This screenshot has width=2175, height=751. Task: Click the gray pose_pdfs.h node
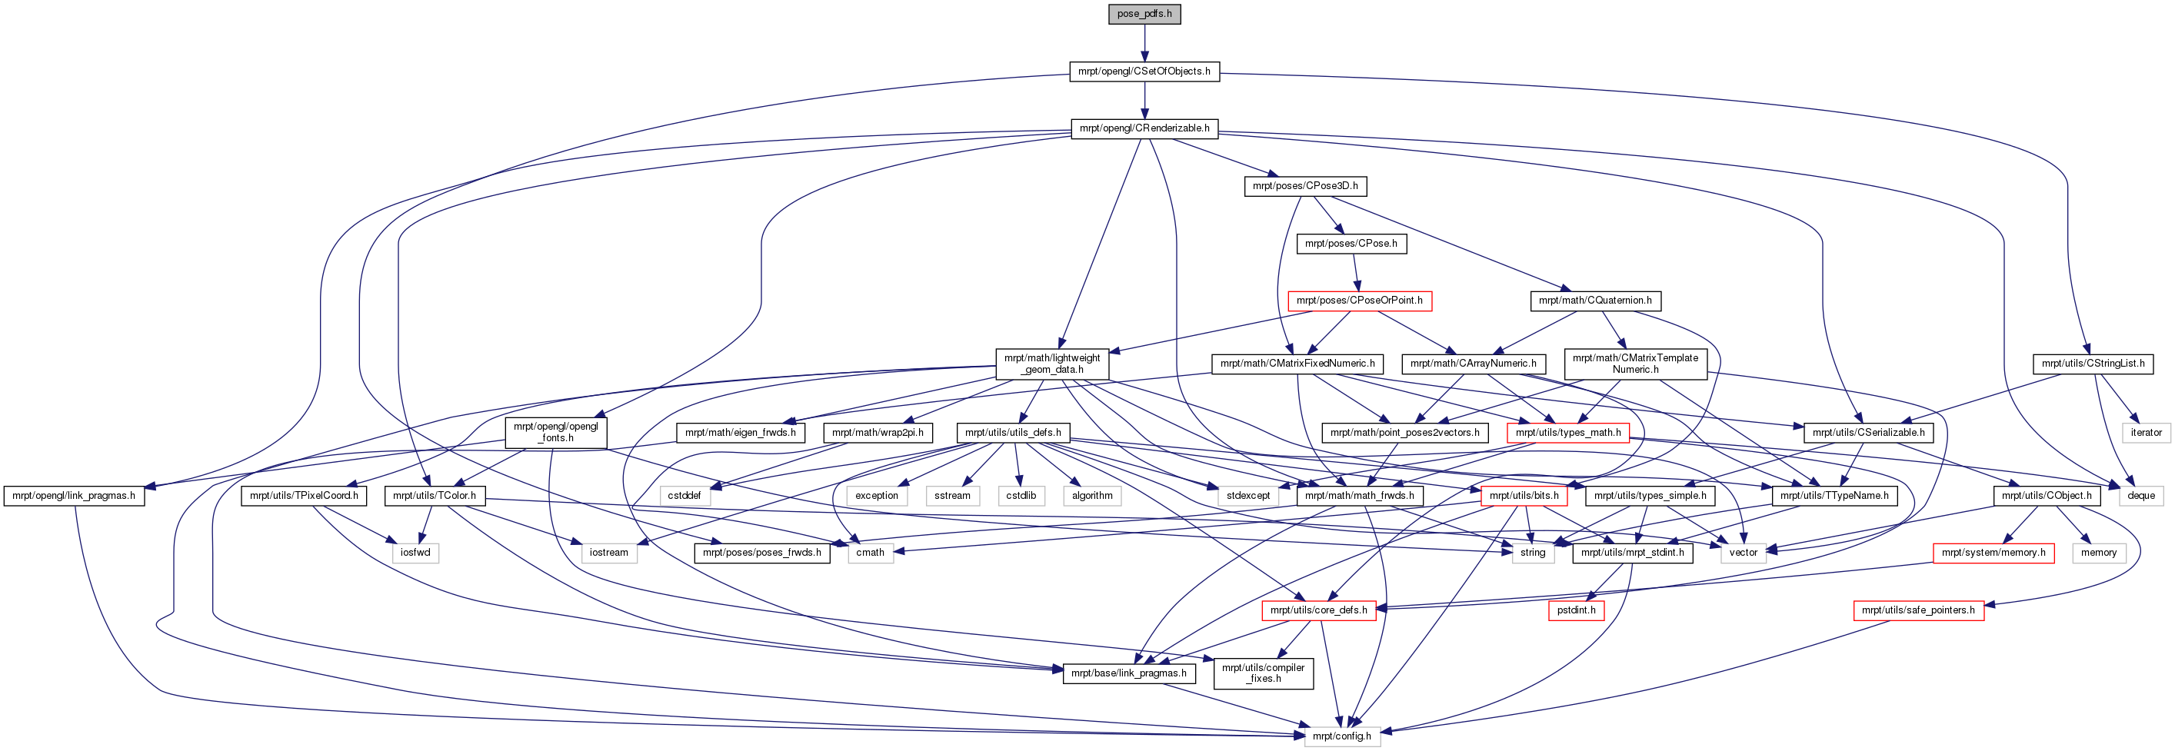click(x=1144, y=15)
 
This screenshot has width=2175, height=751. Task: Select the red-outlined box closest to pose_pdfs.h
click(x=1360, y=301)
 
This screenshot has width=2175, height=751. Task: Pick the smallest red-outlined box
click(x=1577, y=610)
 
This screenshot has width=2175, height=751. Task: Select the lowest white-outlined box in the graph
click(x=1343, y=736)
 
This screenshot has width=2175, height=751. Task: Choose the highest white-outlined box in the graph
click(x=2147, y=433)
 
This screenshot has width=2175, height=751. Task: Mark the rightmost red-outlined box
click(x=1993, y=553)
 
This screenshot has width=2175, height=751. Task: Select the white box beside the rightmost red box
click(x=2099, y=553)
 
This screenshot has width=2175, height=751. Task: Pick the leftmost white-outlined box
click(x=415, y=553)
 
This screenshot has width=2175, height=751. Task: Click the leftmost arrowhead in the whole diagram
click(x=148, y=487)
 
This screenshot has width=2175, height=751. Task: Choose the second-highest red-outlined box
click(x=1568, y=434)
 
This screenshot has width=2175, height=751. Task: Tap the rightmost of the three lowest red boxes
click(x=1918, y=611)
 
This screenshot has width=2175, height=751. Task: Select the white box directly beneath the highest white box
click(x=2141, y=496)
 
